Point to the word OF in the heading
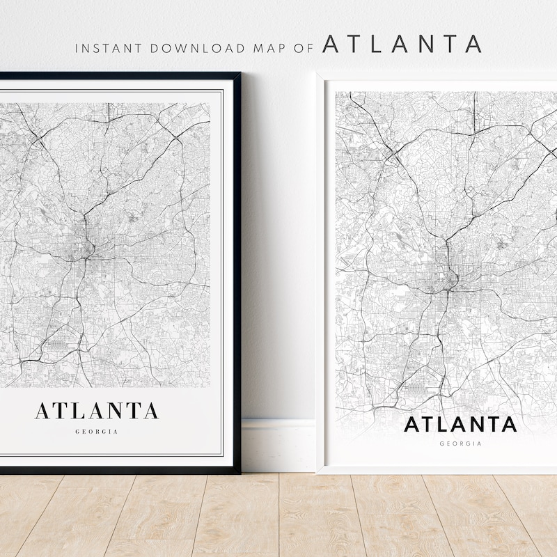pos(302,48)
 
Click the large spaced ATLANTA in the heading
pos(402,44)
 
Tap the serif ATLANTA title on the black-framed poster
pos(97,410)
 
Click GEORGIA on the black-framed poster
pos(97,432)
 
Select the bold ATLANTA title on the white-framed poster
pos(461,423)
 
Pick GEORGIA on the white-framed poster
pos(461,443)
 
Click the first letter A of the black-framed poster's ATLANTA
pos(42,410)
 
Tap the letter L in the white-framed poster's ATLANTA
pos(442,423)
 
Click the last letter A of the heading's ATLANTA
pos(473,44)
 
